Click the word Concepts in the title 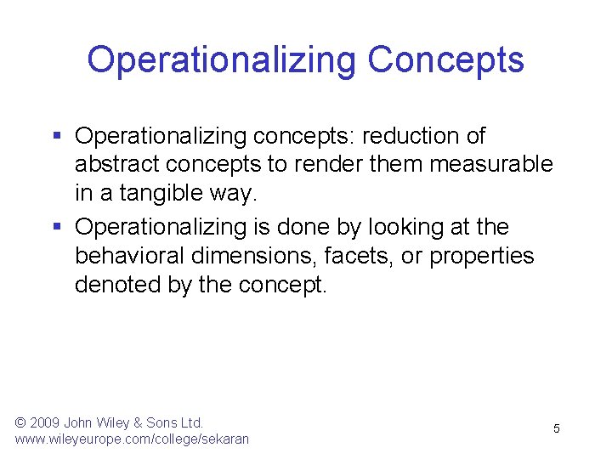[x=445, y=61]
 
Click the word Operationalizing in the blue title [x=221, y=61]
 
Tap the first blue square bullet [x=57, y=135]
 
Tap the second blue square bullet [x=57, y=226]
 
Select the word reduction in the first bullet [x=411, y=136]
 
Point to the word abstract [x=117, y=164]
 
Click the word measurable [x=491, y=164]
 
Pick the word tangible [x=161, y=193]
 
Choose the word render [x=328, y=164]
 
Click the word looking [x=406, y=227]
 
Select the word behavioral [x=129, y=256]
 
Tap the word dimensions [x=253, y=257]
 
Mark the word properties [x=482, y=257]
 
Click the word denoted [x=117, y=285]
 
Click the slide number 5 [x=557, y=428]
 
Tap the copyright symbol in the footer [x=20, y=422]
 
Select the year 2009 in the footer [x=44, y=422]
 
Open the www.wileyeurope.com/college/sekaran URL [x=132, y=439]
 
